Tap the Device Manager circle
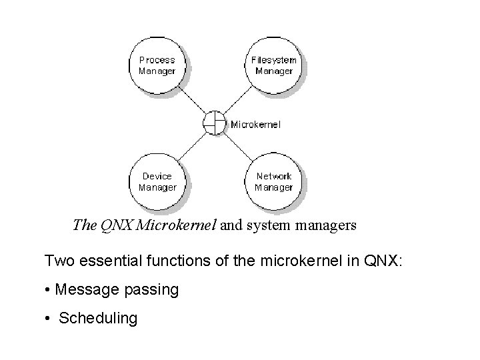click(157, 181)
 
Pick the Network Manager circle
click(273, 181)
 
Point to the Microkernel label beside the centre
click(255, 124)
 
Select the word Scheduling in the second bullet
click(98, 319)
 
